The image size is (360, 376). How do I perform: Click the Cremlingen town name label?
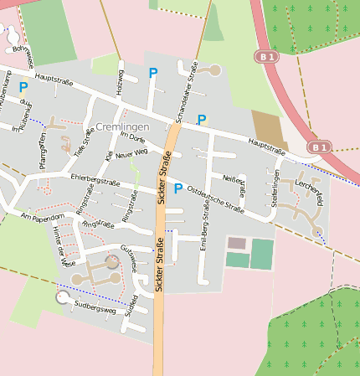(x=122, y=126)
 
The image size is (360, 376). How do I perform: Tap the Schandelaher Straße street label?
(x=188, y=92)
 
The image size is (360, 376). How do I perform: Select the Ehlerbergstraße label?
(x=95, y=179)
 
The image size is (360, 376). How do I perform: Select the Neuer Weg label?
(x=131, y=153)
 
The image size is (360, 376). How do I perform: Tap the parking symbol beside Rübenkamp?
(x=23, y=86)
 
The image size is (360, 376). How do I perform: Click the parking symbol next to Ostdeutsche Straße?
(x=177, y=188)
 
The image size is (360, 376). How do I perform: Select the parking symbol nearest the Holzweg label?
(x=152, y=74)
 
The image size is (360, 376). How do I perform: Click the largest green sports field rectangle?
(x=262, y=254)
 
